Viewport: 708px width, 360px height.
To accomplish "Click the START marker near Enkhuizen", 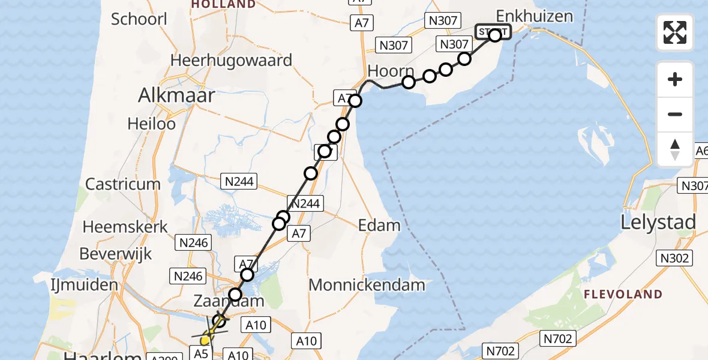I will [x=493, y=32].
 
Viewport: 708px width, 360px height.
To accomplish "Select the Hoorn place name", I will [x=391, y=71].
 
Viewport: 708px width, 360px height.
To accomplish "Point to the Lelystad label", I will [x=659, y=223].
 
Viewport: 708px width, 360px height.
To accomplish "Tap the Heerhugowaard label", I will [x=231, y=61].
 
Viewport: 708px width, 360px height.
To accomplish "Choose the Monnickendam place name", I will [x=367, y=285].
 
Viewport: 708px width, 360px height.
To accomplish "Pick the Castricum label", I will [x=123, y=184].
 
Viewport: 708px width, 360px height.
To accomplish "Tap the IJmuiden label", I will [x=85, y=284].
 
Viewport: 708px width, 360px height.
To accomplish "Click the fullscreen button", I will [x=675, y=32].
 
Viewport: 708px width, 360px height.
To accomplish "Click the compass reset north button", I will [x=675, y=149].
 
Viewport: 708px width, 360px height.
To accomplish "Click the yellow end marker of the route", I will [x=205, y=340].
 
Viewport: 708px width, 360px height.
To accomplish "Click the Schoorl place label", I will [x=139, y=19].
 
